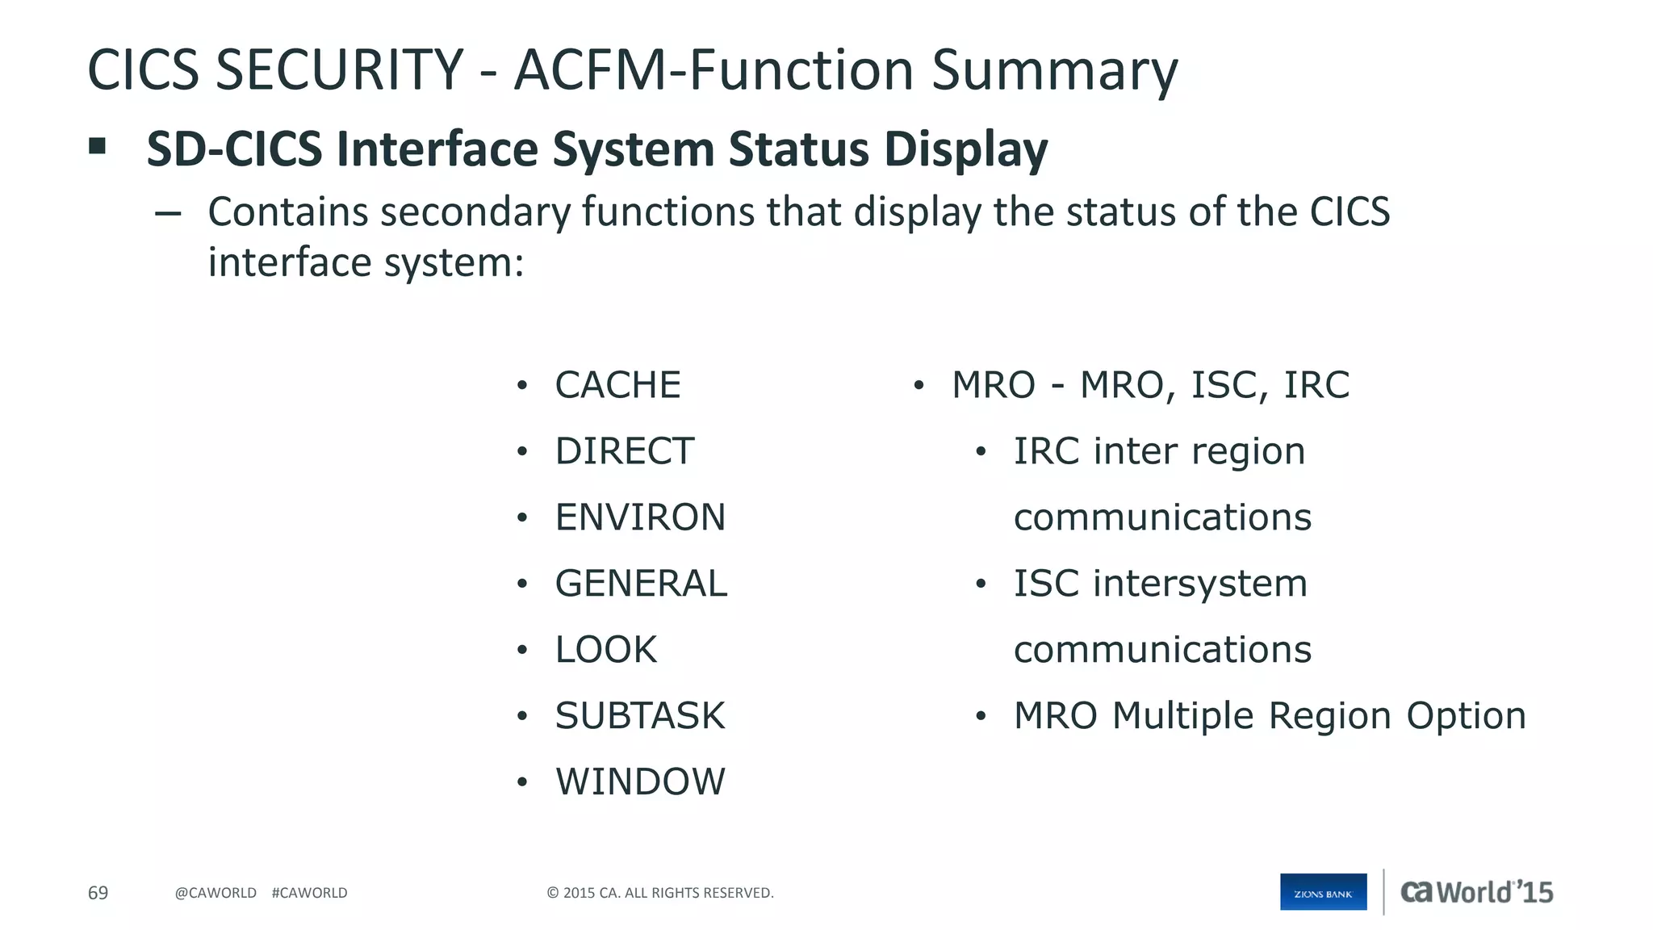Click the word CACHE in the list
(617, 385)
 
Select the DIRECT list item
(624, 451)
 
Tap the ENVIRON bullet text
(640, 517)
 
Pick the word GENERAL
(641, 584)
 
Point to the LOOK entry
(605, 650)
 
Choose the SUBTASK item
(640, 716)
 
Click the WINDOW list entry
(640, 782)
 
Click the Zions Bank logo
(1323, 892)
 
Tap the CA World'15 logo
(1476, 892)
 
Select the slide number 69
(98, 893)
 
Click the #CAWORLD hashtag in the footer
(309, 893)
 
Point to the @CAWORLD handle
(216, 893)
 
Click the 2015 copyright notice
(659, 893)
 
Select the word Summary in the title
(1054, 71)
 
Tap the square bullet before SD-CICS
(98, 146)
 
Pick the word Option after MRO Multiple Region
(1466, 716)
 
